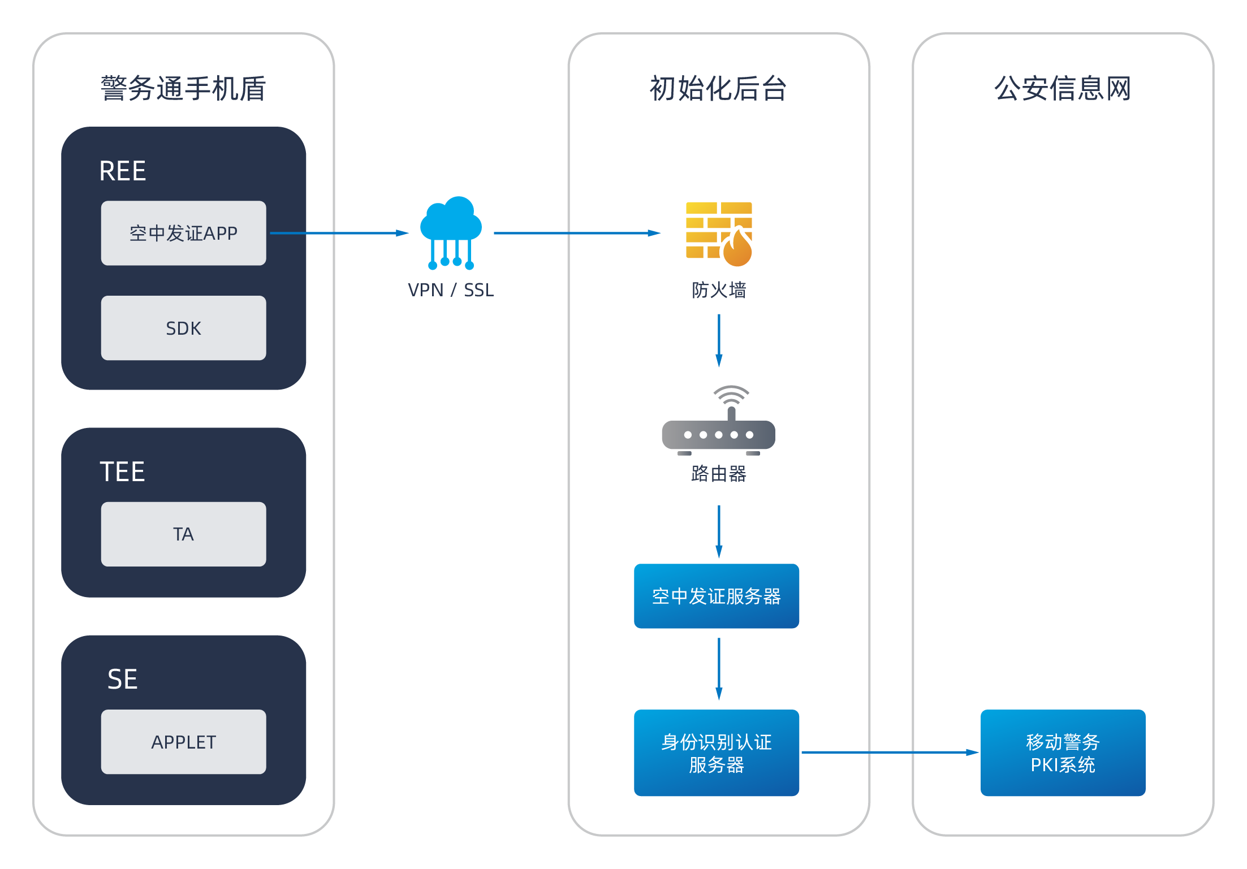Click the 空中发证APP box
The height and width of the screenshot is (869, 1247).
(183, 233)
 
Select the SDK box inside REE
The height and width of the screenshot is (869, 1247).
(183, 328)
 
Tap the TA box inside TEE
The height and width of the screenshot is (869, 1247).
(183, 534)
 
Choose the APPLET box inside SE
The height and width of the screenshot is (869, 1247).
(183, 742)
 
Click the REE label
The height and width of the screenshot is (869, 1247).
(123, 171)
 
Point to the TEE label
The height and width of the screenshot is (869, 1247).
(123, 472)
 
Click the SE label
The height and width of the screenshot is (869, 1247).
(123, 679)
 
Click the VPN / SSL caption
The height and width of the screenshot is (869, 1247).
(451, 290)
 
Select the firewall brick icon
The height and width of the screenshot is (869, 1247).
(719, 234)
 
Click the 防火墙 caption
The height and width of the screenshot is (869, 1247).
(719, 290)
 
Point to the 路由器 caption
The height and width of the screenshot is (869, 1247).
(719, 474)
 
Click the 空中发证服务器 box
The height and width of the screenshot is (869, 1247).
(717, 596)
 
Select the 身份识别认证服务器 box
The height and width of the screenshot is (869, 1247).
(717, 753)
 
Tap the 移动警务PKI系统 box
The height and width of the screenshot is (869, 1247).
(1063, 753)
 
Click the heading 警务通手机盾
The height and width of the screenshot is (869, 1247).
(183, 89)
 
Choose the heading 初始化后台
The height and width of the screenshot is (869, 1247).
(718, 89)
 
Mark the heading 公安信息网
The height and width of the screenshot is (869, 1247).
(1063, 89)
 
